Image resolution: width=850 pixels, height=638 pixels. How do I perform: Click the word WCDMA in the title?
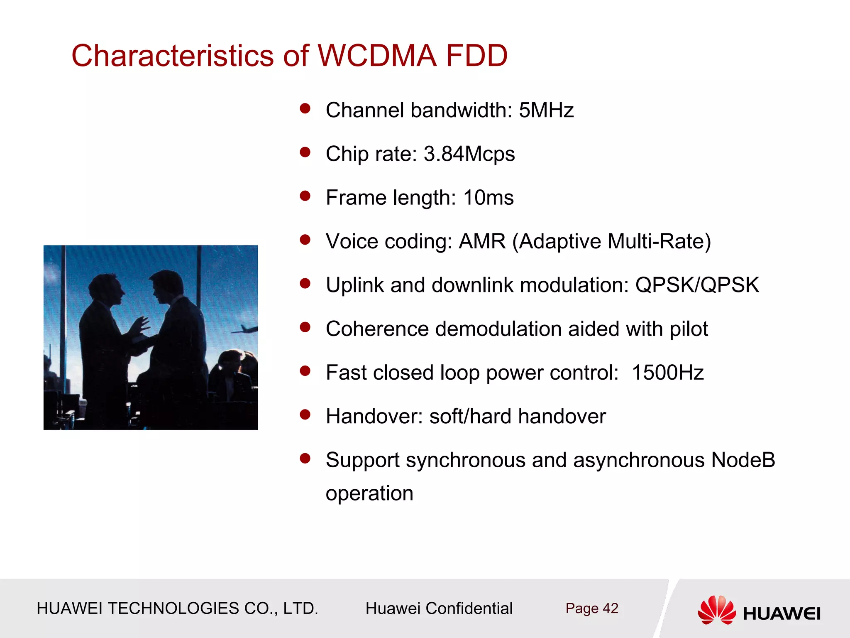[377, 56]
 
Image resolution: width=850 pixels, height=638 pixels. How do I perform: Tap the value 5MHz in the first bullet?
[546, 110]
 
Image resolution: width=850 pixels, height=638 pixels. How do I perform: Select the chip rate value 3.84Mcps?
[469, 154]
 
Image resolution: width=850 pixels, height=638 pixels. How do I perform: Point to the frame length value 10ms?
[488, 198]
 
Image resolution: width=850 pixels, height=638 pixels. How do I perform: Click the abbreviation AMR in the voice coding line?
[482, 241]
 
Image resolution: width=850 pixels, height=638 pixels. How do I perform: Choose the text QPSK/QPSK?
[697, 285]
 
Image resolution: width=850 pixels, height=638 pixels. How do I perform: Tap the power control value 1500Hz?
[667, 373]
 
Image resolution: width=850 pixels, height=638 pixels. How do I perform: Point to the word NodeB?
[743, 460]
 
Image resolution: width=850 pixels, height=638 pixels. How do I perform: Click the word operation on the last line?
[369, 493]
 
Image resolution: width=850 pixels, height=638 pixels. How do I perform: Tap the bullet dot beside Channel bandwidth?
[305, 109]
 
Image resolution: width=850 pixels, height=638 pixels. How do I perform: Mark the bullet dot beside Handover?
[305, 415]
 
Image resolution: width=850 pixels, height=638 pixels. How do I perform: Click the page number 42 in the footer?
[611, 609]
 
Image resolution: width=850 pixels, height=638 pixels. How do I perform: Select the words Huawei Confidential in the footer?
[439, 609]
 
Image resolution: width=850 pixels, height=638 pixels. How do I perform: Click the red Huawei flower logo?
[717, 610]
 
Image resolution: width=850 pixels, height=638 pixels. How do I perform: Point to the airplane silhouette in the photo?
[245, 329]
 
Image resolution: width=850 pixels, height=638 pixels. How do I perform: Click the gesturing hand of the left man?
[141, 324]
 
